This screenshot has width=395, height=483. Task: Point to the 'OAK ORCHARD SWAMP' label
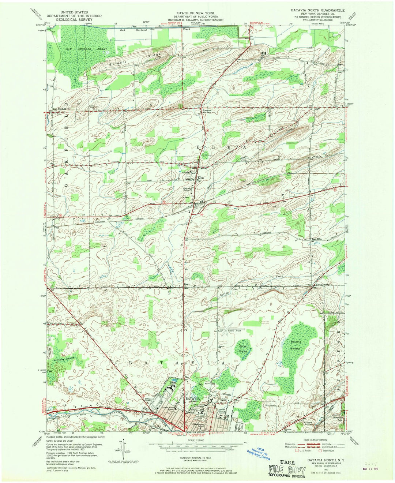(x=78, y=49)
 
